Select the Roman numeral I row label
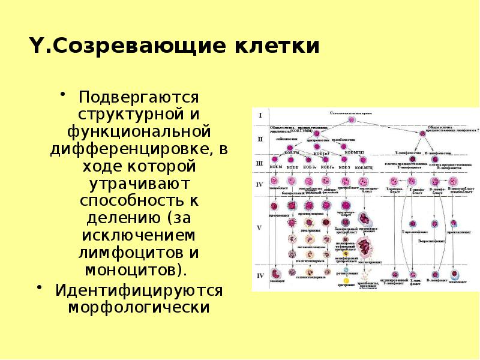click(x=260, y=113)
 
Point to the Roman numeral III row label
click(x=260, y=163)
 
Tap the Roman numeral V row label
click(x=260, y=229)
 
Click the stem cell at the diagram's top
click(x=353, y=119)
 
